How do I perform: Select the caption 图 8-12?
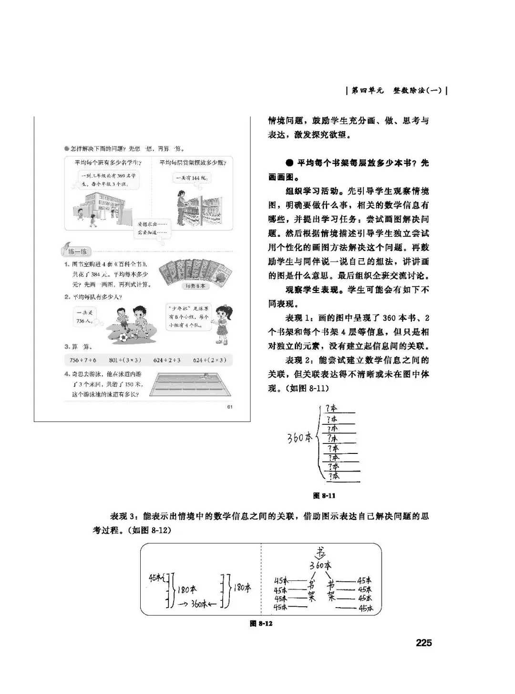tap(261, 624)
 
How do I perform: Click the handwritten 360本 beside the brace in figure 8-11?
tap(299, 437)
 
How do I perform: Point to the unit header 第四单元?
tap(368, 90)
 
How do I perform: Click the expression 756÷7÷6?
tap(83, 360)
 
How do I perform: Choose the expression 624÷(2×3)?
tap(210, 360)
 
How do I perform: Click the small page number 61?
tap(229, 406)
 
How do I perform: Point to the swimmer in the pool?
tap(205, 377)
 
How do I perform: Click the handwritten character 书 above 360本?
tap(321, 553)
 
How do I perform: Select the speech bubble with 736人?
tap(86, 316)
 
